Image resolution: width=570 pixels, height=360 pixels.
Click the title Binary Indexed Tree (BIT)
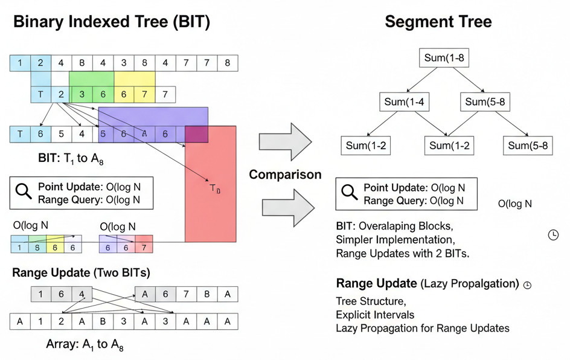pyautogui.click(x=112, y=22)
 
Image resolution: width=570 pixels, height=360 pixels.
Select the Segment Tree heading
pyautogui.click(x=438, y=22)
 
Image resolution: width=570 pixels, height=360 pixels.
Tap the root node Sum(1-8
pyautogui.click(x=444, y=59)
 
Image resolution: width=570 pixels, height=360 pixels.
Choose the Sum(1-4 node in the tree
pyautogui.click(x=404, y=102)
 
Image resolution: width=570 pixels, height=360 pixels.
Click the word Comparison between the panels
pyautogui.click(x=286, y=175)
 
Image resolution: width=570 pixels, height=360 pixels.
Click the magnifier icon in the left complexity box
pyautogui.click(x=24, y=192)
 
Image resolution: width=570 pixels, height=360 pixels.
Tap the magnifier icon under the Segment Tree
pyautogui.click(x=350, y=193)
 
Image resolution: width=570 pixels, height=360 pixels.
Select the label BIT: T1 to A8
pyautogui.click(x=76, y=159)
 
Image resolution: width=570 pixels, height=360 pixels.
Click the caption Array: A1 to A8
pyautogui.click(x=85, y=345)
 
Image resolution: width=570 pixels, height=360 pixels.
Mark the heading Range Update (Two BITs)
pyautogui.click(x=81, y=273)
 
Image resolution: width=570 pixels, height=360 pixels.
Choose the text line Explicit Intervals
pyautogui.click(x=375, y=315)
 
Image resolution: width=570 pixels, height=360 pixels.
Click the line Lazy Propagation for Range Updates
pyautogui.click(x=422, y=328)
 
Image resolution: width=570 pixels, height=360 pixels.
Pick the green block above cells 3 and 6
pyautogui.click(x=92, y=79)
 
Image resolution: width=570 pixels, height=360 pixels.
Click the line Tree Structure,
pyautogui.click(x=371, y=301)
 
